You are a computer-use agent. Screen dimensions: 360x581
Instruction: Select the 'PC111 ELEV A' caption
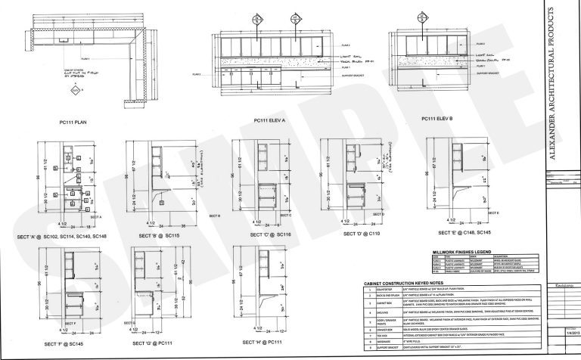coord(273,120)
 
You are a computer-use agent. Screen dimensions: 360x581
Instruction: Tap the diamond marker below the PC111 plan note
coord(75,92)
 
